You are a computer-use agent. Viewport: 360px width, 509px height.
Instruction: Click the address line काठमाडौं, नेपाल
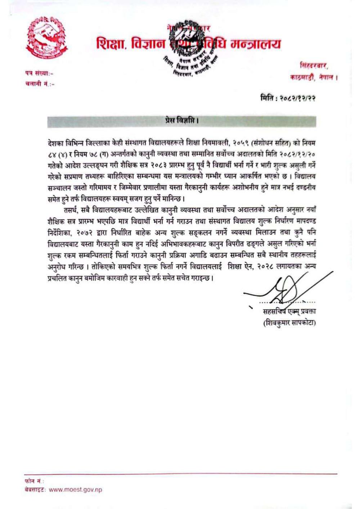tap(314, 77)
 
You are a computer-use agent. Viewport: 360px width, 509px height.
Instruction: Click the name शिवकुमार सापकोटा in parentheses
tap(289, 323)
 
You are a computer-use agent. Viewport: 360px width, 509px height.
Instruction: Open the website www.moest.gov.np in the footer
tap(75, 490)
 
